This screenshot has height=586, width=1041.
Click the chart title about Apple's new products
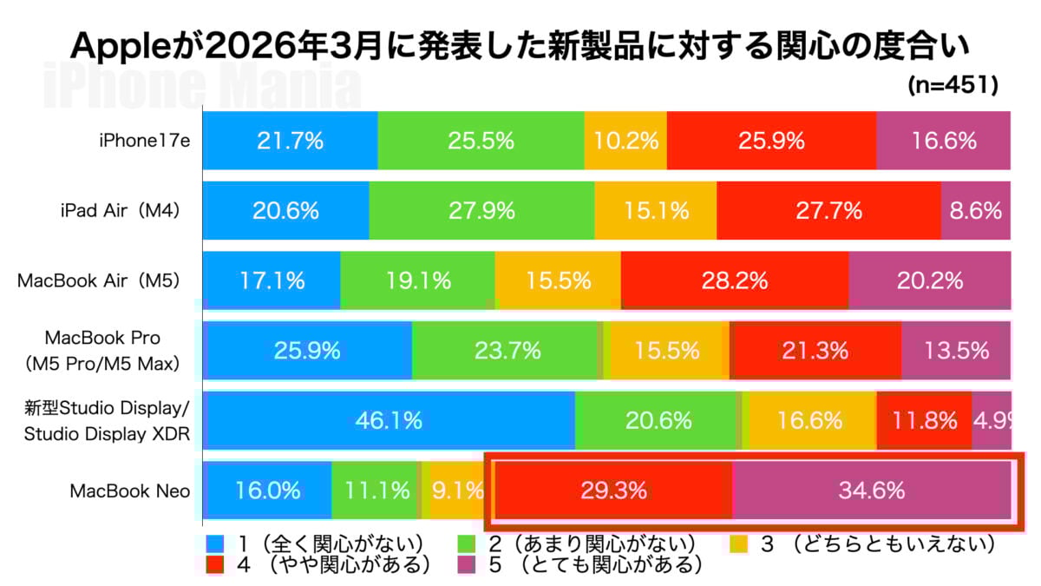coord(520,45)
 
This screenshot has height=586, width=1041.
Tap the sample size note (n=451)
coord(953,85)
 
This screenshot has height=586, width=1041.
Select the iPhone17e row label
coord(144,141)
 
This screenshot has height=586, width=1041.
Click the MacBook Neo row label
coord(130,491)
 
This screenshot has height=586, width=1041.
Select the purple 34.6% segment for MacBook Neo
coord(872,491)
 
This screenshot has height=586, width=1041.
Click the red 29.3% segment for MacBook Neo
coord(613,491)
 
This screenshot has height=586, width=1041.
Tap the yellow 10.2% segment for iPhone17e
coord(625,141)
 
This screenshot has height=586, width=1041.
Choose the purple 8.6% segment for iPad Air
coord(975,210)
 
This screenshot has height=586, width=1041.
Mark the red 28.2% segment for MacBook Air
coord(735,280)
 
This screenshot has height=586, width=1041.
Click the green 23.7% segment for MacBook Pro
coord(507,351)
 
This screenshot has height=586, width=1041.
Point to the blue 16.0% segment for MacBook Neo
coord(267,491)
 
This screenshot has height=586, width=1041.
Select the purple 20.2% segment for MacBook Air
coord(929,280)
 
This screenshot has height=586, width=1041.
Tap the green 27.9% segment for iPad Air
coord(481,210)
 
